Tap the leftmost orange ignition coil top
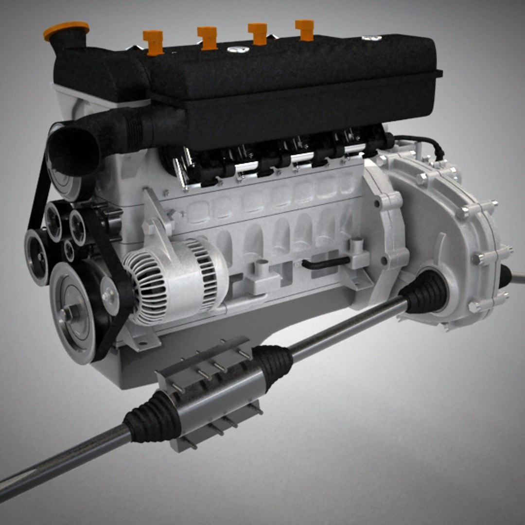click(153, 42)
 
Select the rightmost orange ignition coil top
click(305, 30)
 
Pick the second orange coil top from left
click(208, 38)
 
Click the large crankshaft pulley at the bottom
click(73, 312)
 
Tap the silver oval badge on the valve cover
click(238, 49)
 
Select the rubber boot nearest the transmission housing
click(426, 291)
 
